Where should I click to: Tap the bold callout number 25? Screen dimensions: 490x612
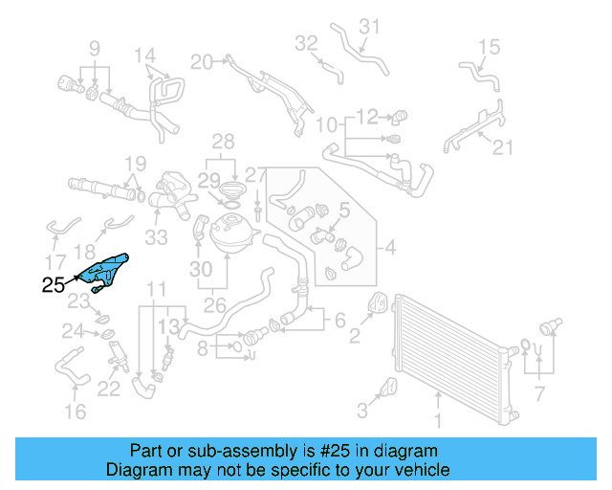pyautogui.click(x=55, y=284)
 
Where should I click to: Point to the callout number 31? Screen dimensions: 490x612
pyautogui.click(x=370, y=26)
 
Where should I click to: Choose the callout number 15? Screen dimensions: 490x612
pyautogui.click(x=489, y=46)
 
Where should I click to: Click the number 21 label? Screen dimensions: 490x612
pyautogui.click(x=503, y=146)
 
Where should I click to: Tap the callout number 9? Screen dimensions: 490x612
pyautogui.click(x=95, y=48)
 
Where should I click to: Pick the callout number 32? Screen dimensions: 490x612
pyautogui.click(x=306, y=43)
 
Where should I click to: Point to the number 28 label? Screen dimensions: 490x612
pyautogui.click(x=222, y=143)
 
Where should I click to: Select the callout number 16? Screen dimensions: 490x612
pyautogui.click(x=75, y=412)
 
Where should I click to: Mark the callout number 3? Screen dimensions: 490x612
pyautogui.click(x=362, y=412)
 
